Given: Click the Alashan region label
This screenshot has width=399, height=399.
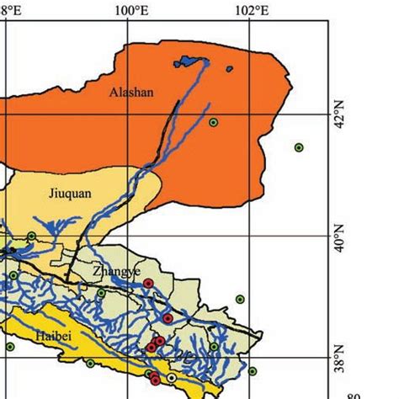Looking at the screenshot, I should [x=132, y=93].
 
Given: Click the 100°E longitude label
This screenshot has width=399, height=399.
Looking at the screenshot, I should [x=129, y=10].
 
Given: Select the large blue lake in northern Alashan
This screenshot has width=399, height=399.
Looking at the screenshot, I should [x=190, y=61].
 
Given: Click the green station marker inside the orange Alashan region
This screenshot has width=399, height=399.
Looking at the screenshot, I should [x=214, y=122].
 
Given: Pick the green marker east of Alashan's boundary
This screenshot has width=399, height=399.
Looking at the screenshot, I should [x=299, y=147].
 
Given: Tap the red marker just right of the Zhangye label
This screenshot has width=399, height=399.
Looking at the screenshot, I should [x=148, y=284].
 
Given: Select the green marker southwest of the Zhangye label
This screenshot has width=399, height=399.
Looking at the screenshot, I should [x=101, y=293].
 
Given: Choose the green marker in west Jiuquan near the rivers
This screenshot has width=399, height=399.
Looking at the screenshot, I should [x=31, y=236].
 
